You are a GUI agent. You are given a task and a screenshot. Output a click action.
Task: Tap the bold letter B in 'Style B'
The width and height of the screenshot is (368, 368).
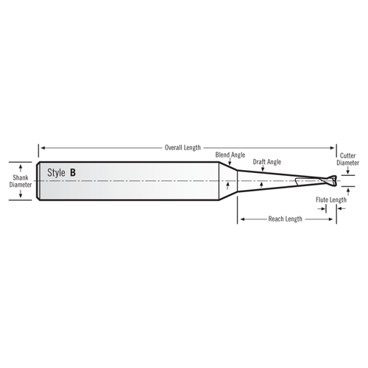pyautogui.click(x=72, y=172)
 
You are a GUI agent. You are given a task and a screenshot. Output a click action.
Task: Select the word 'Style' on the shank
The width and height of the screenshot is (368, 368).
pyautogui.click(x=56, y=172)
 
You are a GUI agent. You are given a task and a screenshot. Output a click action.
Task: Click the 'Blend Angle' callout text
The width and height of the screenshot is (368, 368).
pyautogui.click(x=230, y=155)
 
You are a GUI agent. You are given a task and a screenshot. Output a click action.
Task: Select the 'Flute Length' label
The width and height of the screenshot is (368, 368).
pyautogui.click(x=331, y=199)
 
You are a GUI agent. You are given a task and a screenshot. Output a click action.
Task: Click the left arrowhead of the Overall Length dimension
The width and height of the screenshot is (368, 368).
pyautogui.click(x=41, y=147)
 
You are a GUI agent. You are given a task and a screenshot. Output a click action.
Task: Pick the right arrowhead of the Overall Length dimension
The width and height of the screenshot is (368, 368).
pyautogui.click(x=335, y=147)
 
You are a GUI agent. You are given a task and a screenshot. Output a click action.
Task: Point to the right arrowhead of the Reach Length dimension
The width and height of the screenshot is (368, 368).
pyautogui.click(x=335, y=219)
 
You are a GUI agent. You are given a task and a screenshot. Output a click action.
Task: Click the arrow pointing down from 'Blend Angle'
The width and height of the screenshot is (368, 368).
pyautogui.click(x=230, y=166)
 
